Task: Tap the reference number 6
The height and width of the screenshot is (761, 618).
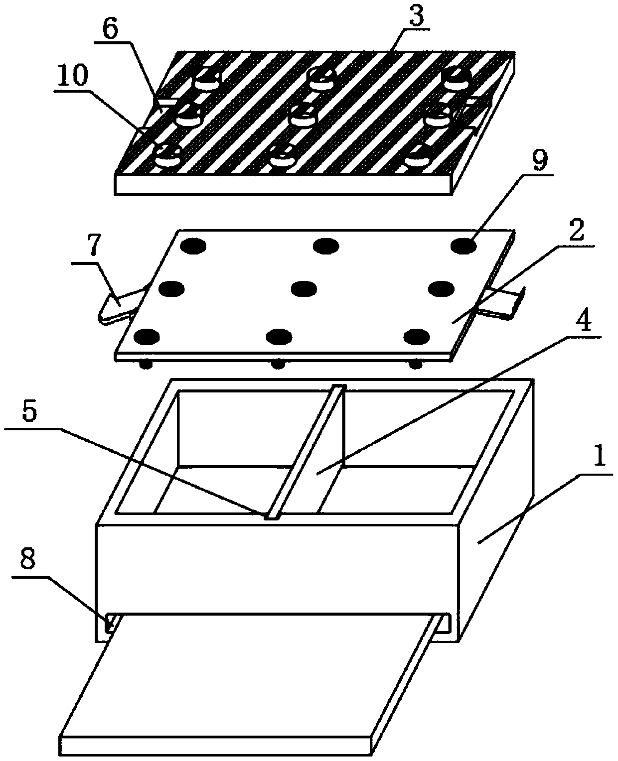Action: pos(110,29)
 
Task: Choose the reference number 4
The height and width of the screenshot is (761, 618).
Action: pos(582,321)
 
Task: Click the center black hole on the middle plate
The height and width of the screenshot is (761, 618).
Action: pos(304,289)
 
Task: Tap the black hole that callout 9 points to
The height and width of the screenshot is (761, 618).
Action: pos(463,246)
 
